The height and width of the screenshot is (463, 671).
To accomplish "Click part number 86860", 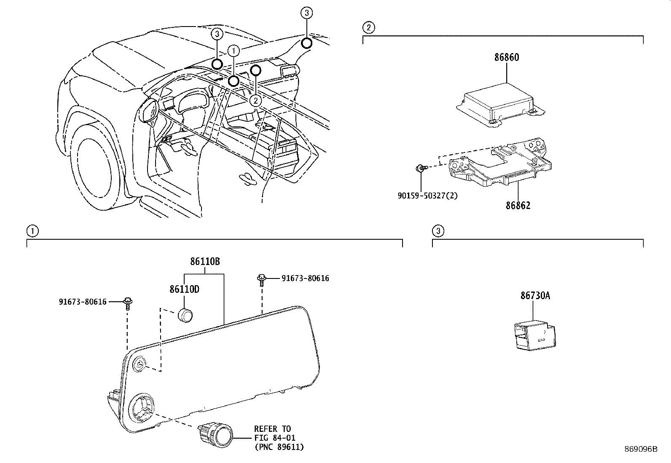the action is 507,57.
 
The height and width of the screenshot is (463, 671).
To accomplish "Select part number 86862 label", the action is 518,206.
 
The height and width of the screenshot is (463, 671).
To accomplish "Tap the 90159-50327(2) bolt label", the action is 427,196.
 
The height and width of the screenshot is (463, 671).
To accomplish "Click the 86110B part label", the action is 205,262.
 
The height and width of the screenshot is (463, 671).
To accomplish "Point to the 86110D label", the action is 184,289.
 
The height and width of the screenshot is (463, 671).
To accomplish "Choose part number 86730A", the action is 535,296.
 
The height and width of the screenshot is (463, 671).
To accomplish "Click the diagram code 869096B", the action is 641,449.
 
